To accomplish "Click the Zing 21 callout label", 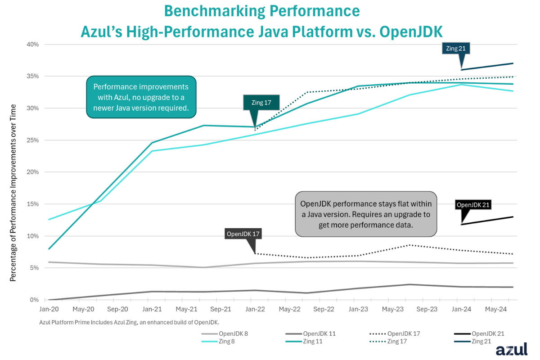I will [x=456, y=49].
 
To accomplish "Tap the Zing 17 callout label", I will [x=261, y=102].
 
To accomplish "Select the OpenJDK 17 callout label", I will [x=243, y=234].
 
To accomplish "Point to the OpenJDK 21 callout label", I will [x=472, y=205].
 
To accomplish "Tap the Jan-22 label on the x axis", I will [x=255, y=309].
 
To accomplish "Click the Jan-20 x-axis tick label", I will [x=49, y=309].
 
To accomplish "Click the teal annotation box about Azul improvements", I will [x=141, y=97].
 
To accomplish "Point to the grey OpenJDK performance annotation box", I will [x=366, y=214].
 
